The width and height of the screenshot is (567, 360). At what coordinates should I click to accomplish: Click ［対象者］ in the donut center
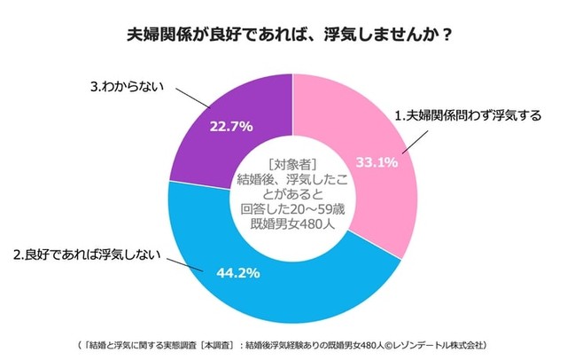coord(291,163)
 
